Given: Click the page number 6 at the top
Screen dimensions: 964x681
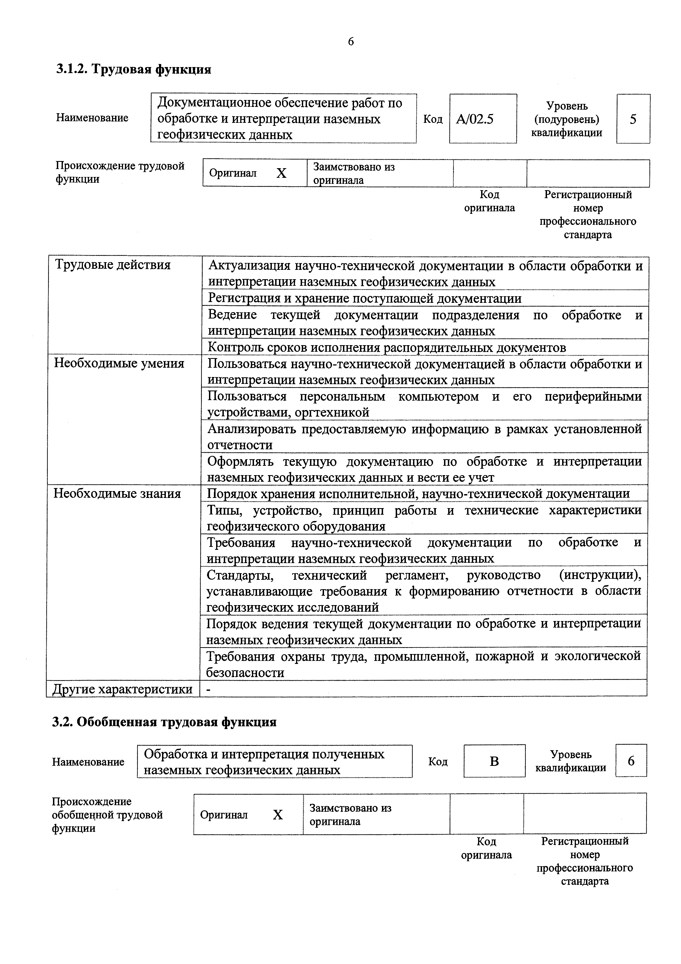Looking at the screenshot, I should pyautogui.click(x=351, y=41).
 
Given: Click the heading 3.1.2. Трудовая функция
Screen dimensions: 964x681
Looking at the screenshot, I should pyautogui.click(x=133, y=69).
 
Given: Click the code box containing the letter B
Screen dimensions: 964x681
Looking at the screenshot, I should pyautogui.click(x=494, y=761).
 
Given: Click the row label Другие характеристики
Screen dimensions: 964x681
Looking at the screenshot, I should pyautogui.click(x=122, y=689).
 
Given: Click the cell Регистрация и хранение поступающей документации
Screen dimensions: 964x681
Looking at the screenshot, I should pyautogui.click(x=365, y=298).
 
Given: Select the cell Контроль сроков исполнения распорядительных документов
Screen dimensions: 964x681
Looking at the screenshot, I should pyautogui.click(x=386, y=348).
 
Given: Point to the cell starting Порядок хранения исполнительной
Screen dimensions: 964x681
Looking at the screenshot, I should pyautogui.click(x=418, y=494).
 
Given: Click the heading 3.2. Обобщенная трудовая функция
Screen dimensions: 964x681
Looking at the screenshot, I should pyautogui.click(x=164, y=722).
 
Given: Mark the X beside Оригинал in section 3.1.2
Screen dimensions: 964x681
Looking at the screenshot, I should pyautogui.click(x=281, y=173).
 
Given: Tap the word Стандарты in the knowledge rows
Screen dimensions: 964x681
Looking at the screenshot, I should pyautogui.click(x=240, y=575).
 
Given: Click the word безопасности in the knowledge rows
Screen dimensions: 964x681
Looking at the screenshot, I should pyautogui.click(x=245, y=673).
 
